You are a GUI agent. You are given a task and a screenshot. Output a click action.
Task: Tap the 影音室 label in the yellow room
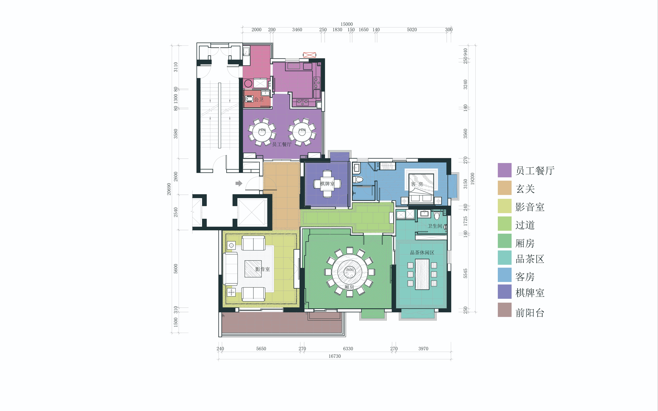click(x=262, y=269)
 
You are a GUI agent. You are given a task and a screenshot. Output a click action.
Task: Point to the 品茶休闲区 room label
click(x=422, y=253)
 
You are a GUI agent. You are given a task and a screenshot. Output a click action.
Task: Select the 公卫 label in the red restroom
click(x=259, y=99)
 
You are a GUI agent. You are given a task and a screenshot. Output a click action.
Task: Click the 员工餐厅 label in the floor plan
click(x=282, y=144)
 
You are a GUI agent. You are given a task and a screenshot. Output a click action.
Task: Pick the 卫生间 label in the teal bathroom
click(x=435, y=226)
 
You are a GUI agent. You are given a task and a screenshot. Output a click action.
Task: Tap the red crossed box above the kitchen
click(x=309, y=55)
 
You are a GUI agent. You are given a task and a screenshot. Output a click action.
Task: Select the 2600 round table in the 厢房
click(x=350, y=272)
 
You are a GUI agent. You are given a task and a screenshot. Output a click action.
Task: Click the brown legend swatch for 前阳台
click(x=505, y=310)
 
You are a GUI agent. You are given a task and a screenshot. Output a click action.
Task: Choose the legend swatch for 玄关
click(x=505, y=188)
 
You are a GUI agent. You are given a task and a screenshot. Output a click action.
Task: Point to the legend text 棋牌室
click(x=530, y=293)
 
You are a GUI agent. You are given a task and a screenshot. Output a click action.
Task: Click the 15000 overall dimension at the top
click(x=347, y=24)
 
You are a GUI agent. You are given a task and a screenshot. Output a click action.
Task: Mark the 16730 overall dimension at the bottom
click(x=334, y=356)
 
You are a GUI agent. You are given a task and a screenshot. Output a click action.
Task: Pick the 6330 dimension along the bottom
click(x=348, y=348)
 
